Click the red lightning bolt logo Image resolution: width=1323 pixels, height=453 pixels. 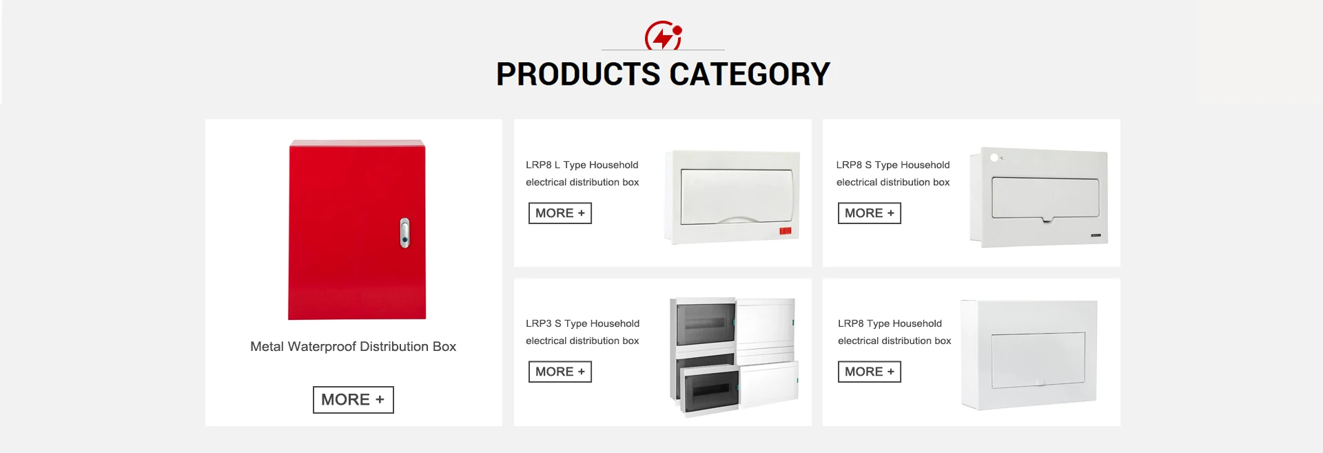pos(663,35)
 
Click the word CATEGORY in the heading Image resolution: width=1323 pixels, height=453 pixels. pos(750,74)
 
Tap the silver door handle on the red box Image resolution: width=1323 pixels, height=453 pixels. pos(404,233)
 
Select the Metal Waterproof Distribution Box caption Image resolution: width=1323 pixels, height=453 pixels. pos(353,346)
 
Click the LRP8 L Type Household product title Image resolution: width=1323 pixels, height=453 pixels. pos(582,165)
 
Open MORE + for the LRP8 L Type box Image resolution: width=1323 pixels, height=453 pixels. pos(560,213)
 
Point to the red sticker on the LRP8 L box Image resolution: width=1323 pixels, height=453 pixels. pos(785,231)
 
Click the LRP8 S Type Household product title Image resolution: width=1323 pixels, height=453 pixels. pos(893,165)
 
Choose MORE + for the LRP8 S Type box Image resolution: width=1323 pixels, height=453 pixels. pos(870,213)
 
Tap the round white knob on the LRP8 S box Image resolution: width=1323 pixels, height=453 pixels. pos(994,158)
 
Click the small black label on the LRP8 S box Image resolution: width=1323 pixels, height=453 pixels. pos(1096,236)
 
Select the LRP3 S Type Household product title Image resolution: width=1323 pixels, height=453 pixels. pos(583,323)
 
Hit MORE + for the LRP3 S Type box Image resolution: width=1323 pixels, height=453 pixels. pos(560,372)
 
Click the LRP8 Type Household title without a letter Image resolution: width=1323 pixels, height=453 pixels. pos(890,323)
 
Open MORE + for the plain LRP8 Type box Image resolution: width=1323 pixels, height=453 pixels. pos(870,372)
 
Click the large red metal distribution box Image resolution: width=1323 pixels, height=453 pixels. pos(357,230)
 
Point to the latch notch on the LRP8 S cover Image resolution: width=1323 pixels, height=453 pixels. pos(1047,220)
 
